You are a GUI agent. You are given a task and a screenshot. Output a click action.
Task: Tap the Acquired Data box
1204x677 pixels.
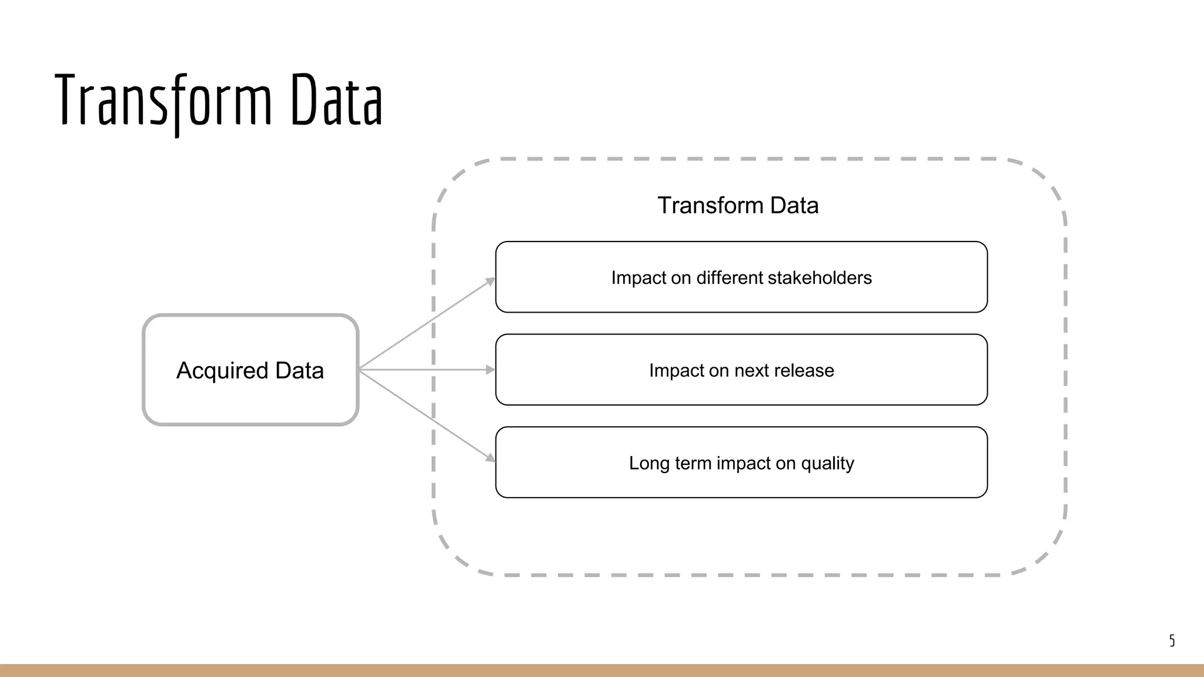point(250,370)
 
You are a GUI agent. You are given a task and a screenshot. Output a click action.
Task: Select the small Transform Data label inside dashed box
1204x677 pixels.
point(738,205)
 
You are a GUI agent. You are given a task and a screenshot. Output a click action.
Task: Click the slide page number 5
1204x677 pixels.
point(1172,641)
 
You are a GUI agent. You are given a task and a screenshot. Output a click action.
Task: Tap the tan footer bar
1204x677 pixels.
point(602,671)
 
